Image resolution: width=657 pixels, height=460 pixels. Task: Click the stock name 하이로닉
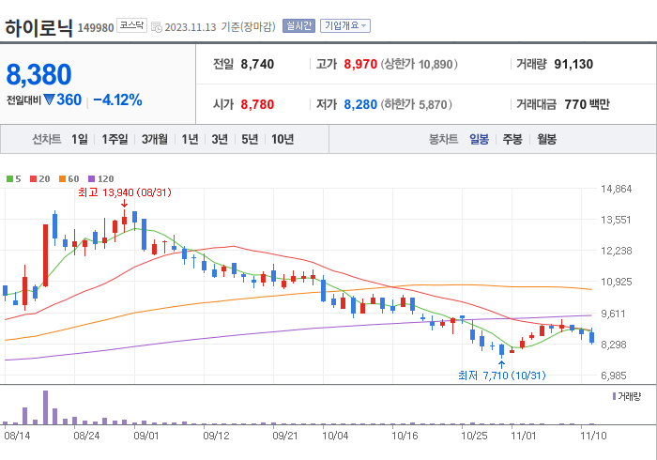pyautogui.click(x=38, y=26)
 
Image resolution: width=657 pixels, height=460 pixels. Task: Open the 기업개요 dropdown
pyautogui.click(x=345, y=26)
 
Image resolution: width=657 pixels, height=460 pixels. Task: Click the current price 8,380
pyautogui.click(x=38, y=74)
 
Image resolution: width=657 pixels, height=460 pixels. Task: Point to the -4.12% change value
pyautogui.click(x=117, y=100)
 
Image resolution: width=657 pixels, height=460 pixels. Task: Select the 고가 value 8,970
pyautogui.click(x=360, y=64)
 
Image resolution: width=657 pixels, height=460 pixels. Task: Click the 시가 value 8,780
pyautogui.click(x=257, y=104)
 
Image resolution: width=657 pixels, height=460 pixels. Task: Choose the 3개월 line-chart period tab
pyautogui.click(x=155, y=139)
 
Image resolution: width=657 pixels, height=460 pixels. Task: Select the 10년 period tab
pyautogui.click(x=282, y=139)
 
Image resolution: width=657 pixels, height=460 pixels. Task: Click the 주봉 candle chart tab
pyautogui.click(x=512, y=139)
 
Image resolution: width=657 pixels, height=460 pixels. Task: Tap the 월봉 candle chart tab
pyautogui.click(x=547, y=139)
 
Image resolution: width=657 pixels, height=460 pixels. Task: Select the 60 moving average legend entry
pyautogui.click(x=71, y=178)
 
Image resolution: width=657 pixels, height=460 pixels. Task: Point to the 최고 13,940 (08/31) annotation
pyautogui.click(x=124, y=192)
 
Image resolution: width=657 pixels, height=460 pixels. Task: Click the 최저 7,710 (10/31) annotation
pyautogui.click(x=501, y=376)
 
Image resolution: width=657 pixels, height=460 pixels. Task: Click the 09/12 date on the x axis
pyautogui.click(x=216, y=436)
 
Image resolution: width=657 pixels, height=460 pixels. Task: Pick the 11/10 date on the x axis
pyautogui.click(x=592, y=436)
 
